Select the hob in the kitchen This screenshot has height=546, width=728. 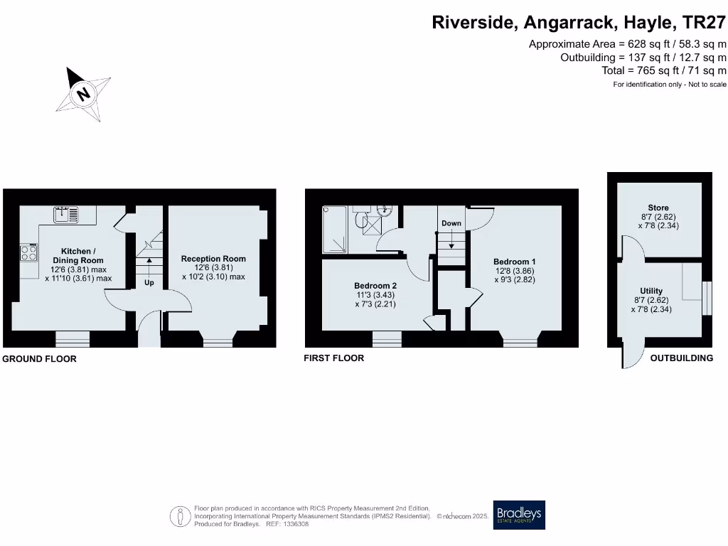(x=28, y=252)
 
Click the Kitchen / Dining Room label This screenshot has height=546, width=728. (x=78, y=256)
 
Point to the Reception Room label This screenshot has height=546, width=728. (x=213, y=259)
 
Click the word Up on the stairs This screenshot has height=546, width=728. (x=149, y=282)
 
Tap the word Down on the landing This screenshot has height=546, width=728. (x=451, y=223)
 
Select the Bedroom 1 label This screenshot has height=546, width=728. (x=514, y=262)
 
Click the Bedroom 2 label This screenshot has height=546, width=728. (x=375, y=286)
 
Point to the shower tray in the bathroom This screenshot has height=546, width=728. (x=336, y=230)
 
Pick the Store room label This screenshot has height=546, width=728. (x=658, y=208)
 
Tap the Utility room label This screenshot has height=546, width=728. (x=651, y=291)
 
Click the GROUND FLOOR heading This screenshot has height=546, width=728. (x=39, y=359)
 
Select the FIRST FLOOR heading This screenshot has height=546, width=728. (x=333, y=358)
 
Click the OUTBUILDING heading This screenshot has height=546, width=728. (x=681, y=358)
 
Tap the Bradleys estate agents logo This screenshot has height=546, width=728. (x=519, y=515)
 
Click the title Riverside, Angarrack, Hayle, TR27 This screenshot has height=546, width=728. (x=579, y=23)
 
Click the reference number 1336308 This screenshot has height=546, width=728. (x=295, y=524)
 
